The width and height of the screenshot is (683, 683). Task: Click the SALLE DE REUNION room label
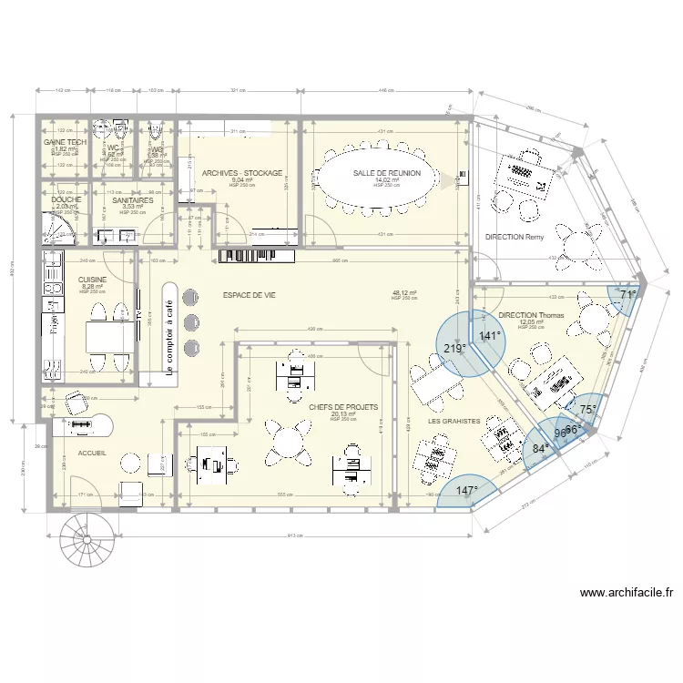pos(388,173)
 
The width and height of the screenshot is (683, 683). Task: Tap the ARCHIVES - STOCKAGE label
pos(242,173)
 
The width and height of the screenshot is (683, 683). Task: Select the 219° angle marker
pos(454,348)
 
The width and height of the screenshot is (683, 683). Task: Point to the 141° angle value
pos(490,336)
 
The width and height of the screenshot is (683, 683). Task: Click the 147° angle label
pos(467,491)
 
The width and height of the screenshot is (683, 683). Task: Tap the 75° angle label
pos(588,409)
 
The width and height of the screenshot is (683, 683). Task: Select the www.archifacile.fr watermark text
pos(627,593)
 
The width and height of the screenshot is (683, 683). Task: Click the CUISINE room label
pos(93,280)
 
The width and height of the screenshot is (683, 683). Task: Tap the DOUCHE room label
pos(67,200)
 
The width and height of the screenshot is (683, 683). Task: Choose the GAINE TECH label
pos(66,143)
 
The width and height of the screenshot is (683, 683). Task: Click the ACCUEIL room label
pos(93,453)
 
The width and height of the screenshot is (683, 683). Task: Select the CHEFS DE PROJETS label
pos(342,408)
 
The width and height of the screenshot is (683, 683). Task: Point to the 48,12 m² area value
pos(404,294)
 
